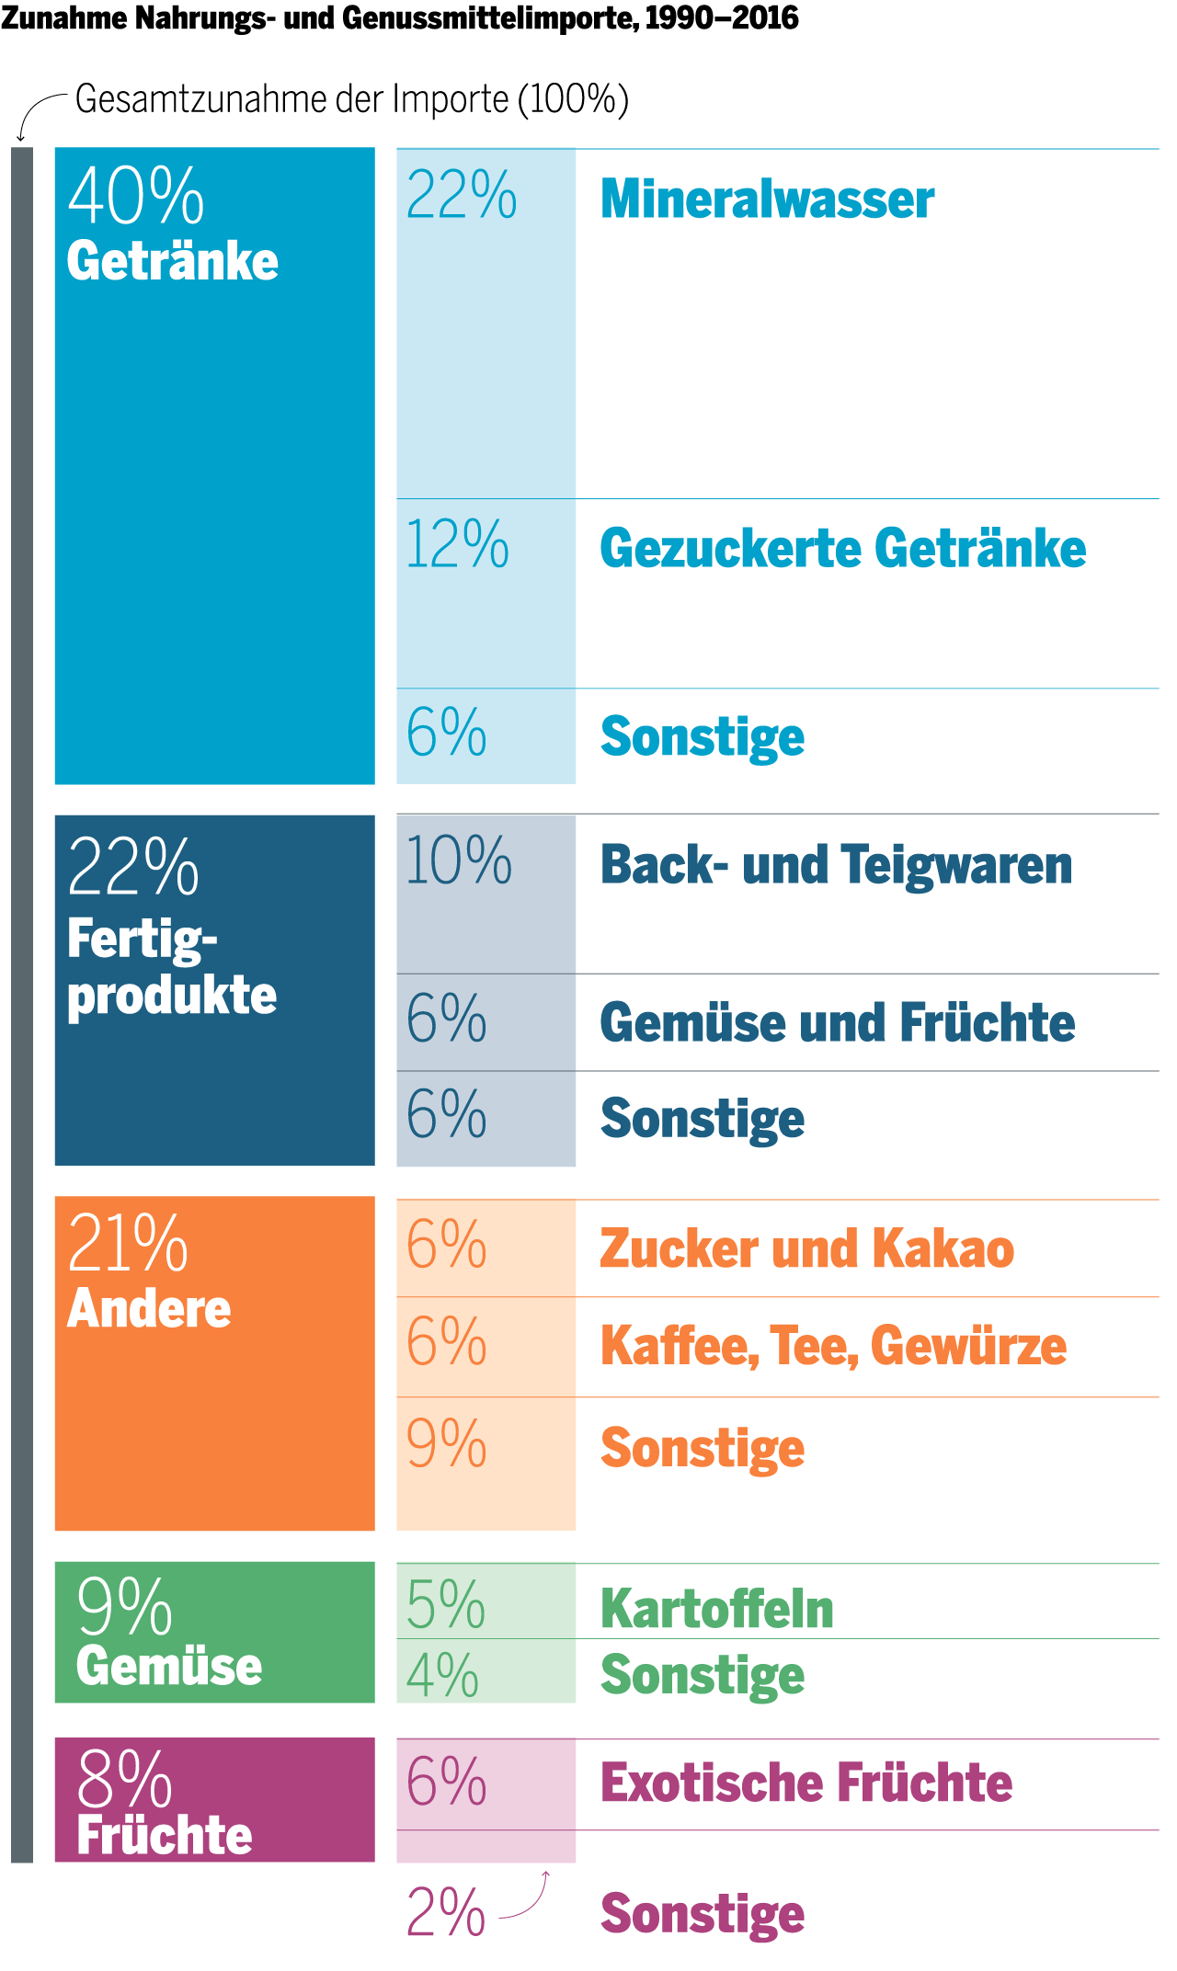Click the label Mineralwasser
pos(767,199)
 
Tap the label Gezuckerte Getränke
pos(842,549)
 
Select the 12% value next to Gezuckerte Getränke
pos(457,544)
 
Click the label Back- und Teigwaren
pos(836,865)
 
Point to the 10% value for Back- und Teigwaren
pos(458,861)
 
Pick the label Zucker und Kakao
pos(806,1248)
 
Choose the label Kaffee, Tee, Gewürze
pos(833,1346)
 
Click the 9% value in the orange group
pos(446,1444)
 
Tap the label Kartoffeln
pos(716,1609)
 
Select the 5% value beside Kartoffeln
pos(445,1605)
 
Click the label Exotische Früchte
pos(806,1783)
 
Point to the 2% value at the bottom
pos(445,1913)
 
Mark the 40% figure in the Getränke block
pos(136,196)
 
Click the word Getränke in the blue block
pos(172,261)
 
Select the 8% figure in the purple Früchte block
pos(124,1779)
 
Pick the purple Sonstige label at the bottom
pos(703,1914)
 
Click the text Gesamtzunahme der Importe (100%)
pos(351,99)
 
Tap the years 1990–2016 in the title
pos(722,17)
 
